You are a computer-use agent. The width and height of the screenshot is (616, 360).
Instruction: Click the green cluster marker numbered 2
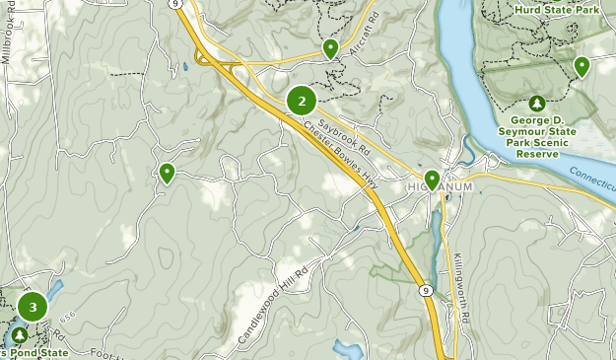302,101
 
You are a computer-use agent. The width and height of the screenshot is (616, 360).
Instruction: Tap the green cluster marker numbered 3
33,307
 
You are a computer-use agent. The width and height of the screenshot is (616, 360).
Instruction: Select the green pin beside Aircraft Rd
330,48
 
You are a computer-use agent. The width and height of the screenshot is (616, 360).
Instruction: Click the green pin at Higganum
432,180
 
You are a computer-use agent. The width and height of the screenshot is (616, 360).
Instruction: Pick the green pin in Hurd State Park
582,66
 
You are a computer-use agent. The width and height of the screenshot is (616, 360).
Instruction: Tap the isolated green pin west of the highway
168,174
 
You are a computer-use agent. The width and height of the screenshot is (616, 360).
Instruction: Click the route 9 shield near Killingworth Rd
423,289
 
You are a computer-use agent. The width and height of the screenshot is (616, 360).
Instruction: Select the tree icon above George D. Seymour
536,104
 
